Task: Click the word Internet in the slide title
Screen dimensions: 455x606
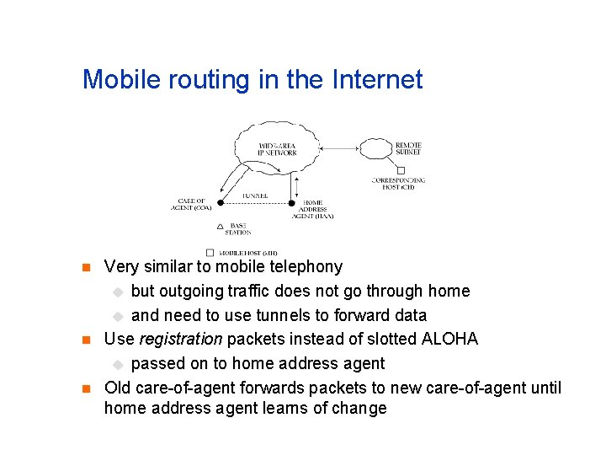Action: tap(378, 80)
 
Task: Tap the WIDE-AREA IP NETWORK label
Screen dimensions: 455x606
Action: tap(278, 149)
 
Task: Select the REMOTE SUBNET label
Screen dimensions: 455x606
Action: tap(408, 149)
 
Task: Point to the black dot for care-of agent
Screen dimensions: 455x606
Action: tap(221, 203)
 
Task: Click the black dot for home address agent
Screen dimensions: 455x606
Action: tap(292, 203)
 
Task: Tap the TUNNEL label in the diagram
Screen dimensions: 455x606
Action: tap(255, 195)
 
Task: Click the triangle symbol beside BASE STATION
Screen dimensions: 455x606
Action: tap(220, 226)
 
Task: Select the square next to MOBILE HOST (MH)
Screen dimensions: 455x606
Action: tap(210, 252)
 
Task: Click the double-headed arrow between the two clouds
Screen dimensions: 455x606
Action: tap(339, 149)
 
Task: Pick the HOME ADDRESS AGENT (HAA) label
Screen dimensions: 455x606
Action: tap(312, 210)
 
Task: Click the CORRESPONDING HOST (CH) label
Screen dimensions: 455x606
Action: tap(398, 183)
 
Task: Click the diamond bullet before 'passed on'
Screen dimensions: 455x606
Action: tap(118, 364)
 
